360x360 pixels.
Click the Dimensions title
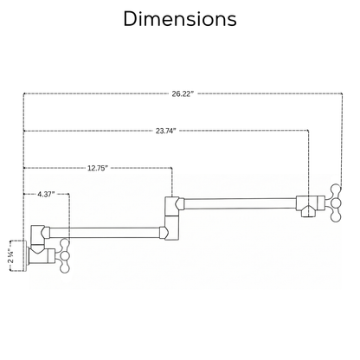180,19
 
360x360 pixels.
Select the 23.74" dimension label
166,131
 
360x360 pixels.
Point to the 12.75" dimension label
98,168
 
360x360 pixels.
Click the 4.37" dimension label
46,194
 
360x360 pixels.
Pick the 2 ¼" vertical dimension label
11,255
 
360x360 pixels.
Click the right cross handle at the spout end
335,202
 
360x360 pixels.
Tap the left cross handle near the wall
64,256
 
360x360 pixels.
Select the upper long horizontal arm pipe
240,203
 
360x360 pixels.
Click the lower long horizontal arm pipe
105,233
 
